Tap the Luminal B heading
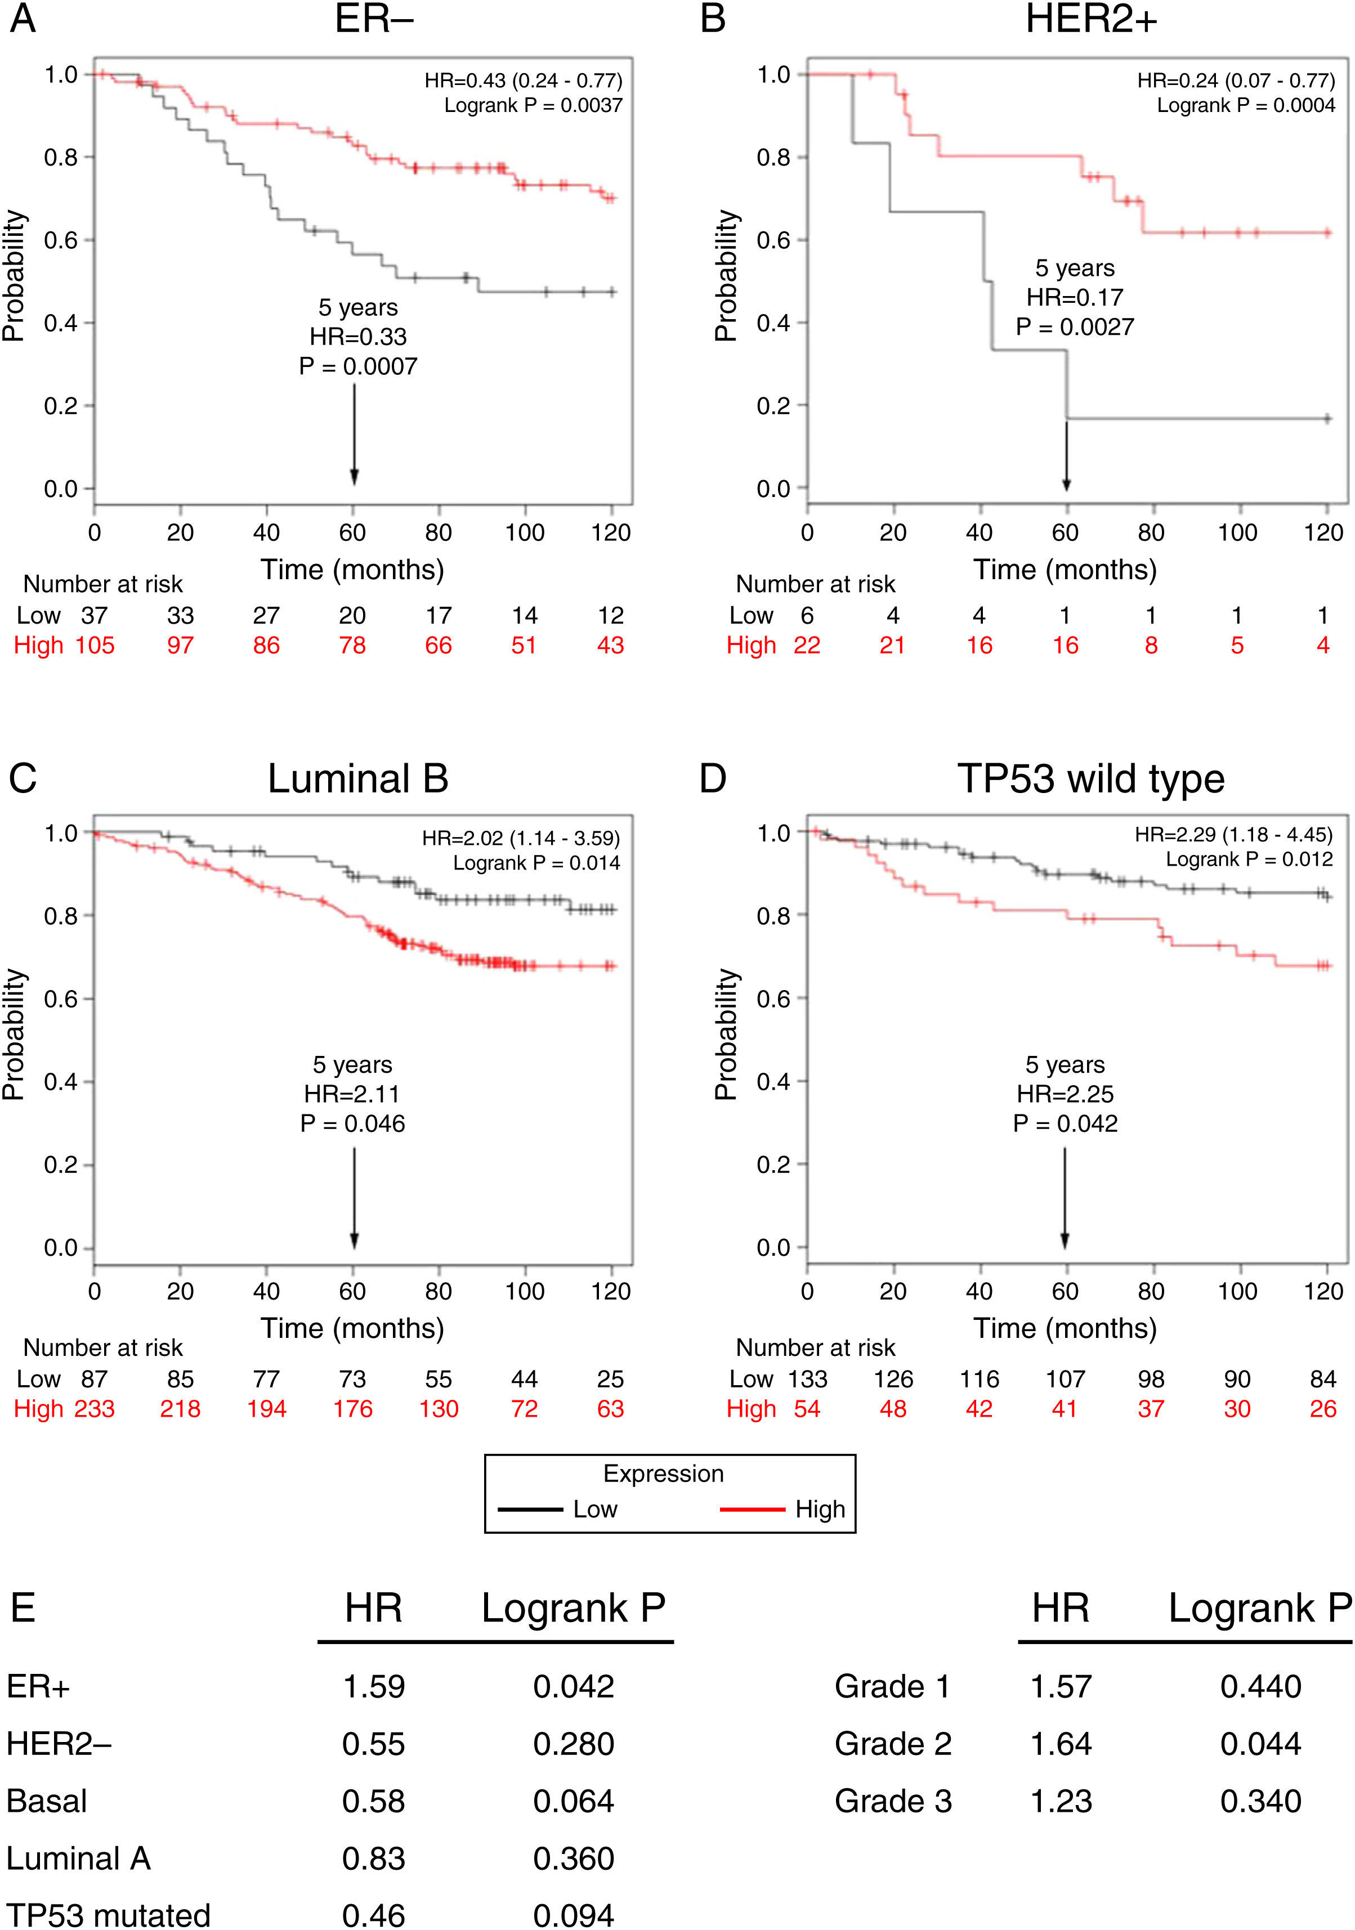click(357, 778)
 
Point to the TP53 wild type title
click(1090, 778)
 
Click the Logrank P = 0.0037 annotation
click(533, 106)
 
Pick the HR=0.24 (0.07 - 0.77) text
click(1236, 80)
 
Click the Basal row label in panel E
click(47, 1801)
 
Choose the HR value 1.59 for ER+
click(373, 1687)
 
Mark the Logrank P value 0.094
click(573, 1915)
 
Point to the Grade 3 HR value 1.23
click(1061, 1801)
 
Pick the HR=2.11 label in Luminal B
click(352, 1094)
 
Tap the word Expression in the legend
click(663, 1474)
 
